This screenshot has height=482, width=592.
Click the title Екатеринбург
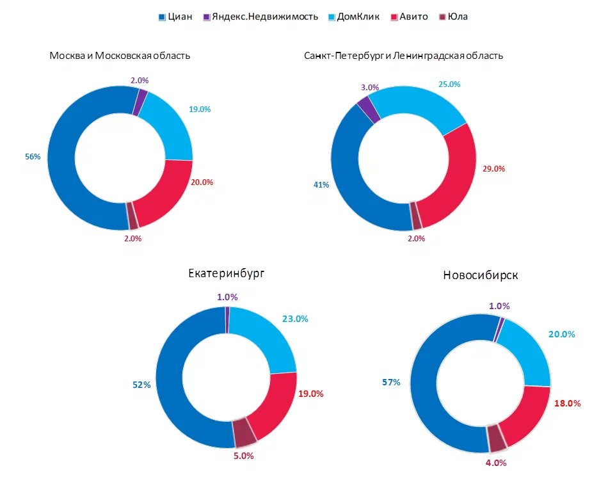pos(227,273)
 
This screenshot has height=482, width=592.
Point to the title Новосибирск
pos(481,275)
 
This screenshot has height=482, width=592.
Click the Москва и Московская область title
pos(120,56)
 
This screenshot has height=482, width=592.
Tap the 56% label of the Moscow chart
pos(33,157)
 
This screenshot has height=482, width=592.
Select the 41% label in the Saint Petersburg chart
pos(321,185)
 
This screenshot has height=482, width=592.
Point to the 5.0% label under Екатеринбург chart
pos(243,456)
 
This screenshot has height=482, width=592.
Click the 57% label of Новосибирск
pos(391,382)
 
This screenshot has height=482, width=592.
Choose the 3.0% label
pos(369,87)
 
